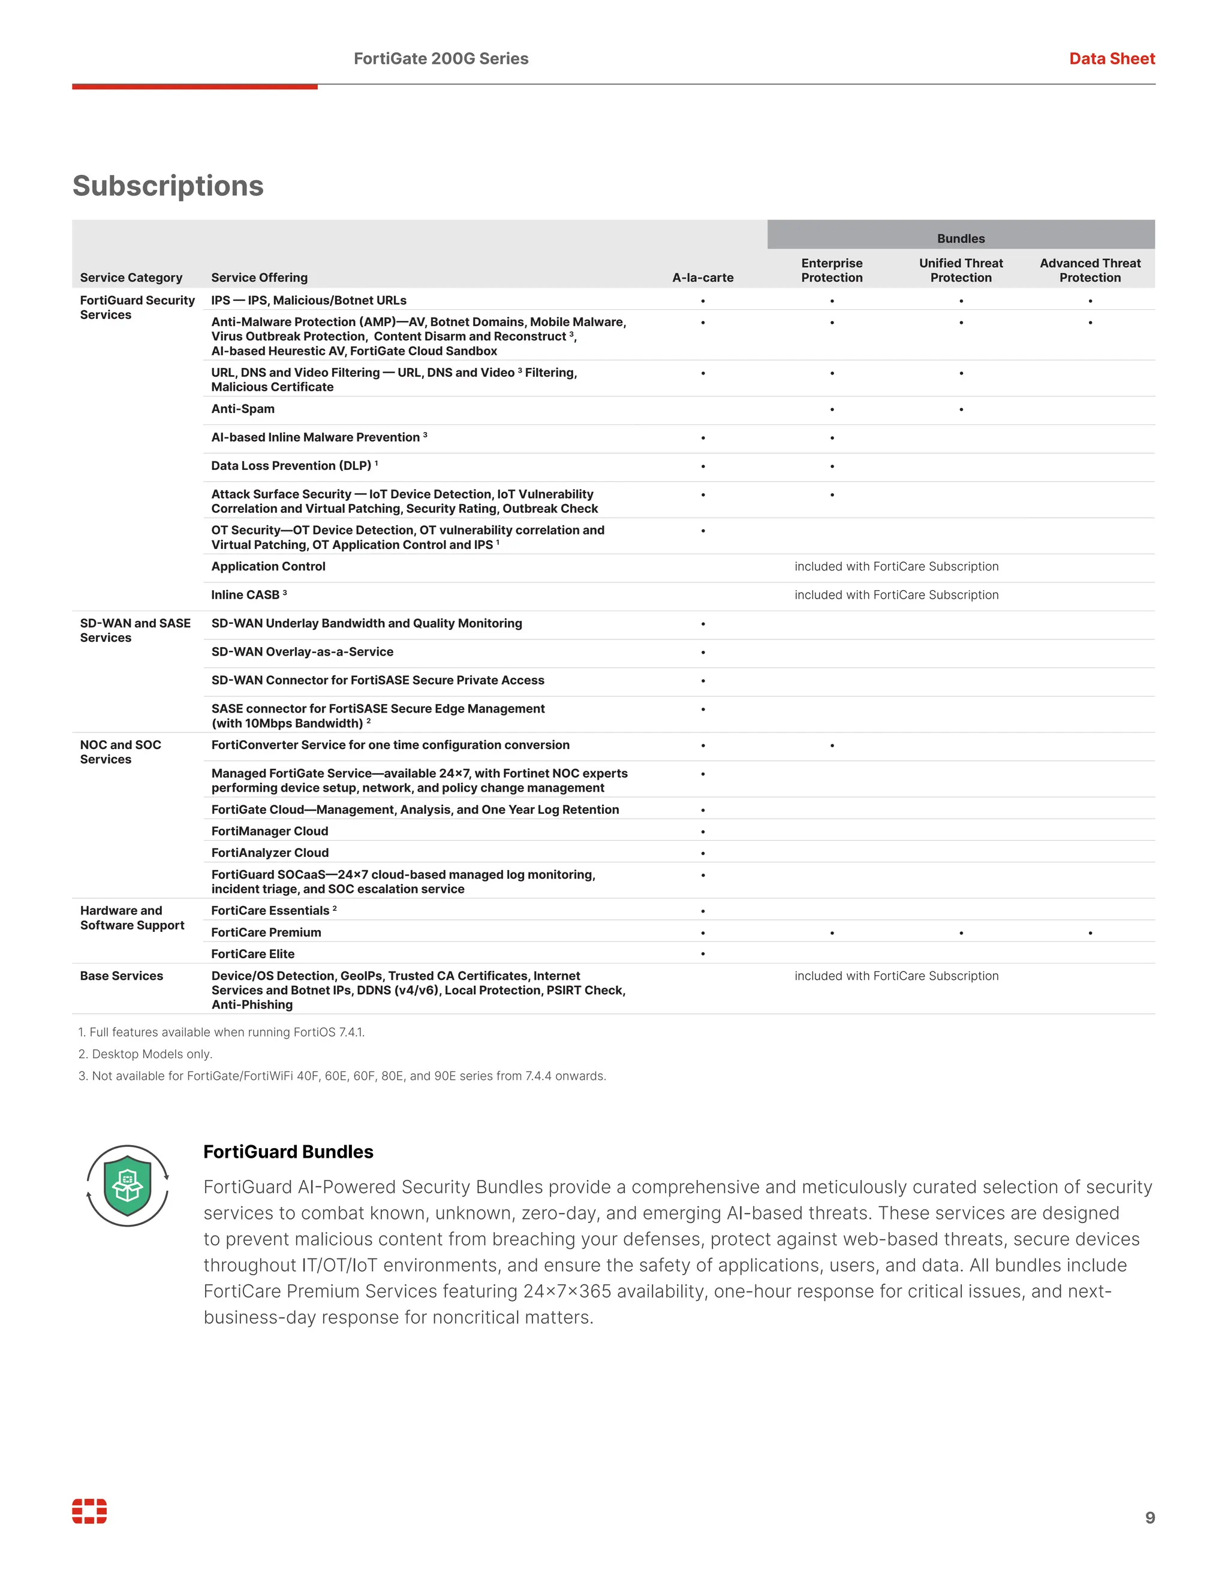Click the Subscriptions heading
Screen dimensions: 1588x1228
click(x=168, y=186)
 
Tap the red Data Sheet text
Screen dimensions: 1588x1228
click(x=1111, y=59)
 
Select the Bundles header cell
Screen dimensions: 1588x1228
click(x=961, y=238)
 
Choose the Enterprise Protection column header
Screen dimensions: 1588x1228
click(x=832, y=270)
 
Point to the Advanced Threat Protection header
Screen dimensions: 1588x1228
click(x=1089, y=270)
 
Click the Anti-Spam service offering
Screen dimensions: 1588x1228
click(x=243, y=409)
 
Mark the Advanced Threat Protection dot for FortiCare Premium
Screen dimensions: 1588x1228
click(x=1089, y=933)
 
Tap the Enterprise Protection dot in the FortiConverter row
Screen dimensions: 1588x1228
click(x=832, y=745)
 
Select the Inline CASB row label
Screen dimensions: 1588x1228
click(x=248, y=595)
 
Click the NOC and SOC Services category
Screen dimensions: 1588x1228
click(x=121, y=752)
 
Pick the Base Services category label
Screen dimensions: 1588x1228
click(x=122, y=976)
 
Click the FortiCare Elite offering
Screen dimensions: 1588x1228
click(x=252, y=954)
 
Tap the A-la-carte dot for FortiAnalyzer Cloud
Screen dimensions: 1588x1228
click(x=703, y=853)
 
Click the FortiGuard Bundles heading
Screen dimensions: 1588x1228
click(x=288, y=1152)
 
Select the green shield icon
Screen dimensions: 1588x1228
click(x=127, y=1185)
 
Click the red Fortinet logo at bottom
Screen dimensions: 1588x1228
click(x=89, y=1511)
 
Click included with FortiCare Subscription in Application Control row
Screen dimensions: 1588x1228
click(x=896, y=566)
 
